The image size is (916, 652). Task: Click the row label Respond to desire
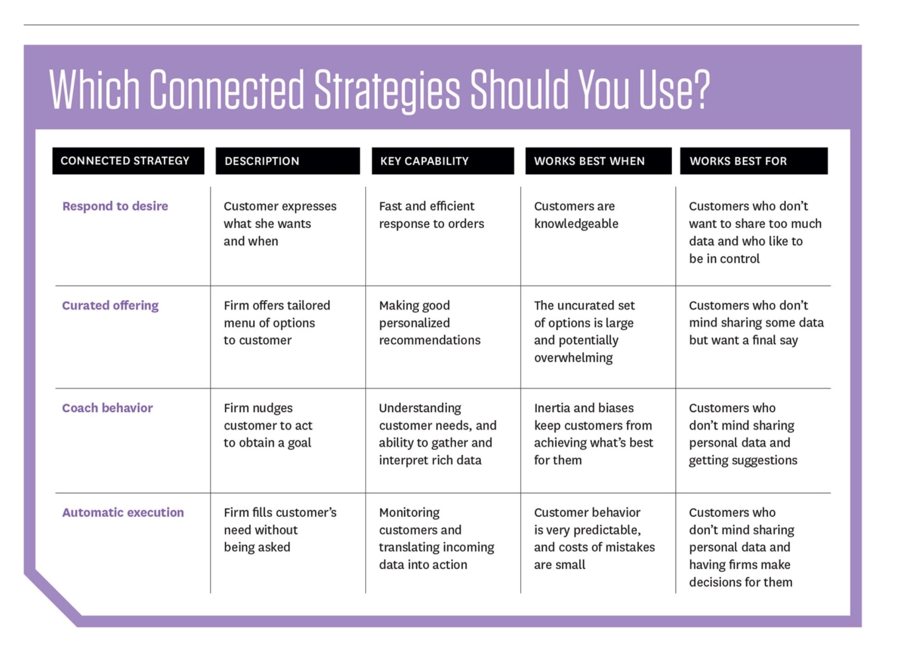[115, 206]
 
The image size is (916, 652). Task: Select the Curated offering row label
[110, 305]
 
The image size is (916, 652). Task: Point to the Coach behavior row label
[107, 408]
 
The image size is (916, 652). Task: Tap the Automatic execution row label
[123, 513]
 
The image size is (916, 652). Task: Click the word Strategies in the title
[387, 90]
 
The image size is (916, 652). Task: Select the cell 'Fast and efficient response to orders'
[431, 215]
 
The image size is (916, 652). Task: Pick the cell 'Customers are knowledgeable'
[576, 215]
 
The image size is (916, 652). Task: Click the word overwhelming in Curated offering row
[573, 358]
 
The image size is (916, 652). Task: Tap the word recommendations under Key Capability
[430, 340]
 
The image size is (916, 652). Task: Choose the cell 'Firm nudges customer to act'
[268, 425]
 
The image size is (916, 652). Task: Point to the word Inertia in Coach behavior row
[553, 408]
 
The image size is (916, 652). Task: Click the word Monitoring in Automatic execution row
[409, 513]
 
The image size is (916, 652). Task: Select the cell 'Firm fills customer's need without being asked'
[280, 530]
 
